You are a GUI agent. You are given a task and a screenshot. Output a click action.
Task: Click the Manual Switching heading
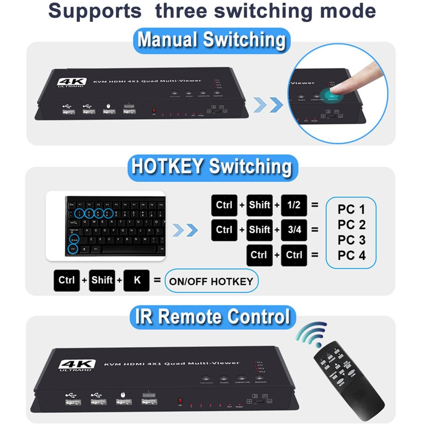(211, 41)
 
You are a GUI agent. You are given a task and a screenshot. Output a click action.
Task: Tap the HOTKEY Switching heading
(212, 167)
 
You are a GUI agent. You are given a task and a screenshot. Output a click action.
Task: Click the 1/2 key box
(294, 205)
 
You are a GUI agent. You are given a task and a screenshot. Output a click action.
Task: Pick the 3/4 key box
(294, 230)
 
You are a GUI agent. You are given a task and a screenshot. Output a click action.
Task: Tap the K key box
(137, 281)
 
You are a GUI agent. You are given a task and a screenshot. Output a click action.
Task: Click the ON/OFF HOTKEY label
(211, 281)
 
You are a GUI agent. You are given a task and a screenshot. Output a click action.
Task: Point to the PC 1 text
(351, 209)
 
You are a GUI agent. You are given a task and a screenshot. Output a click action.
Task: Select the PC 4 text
(351, 255)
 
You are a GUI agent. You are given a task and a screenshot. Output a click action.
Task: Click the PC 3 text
(351, 240)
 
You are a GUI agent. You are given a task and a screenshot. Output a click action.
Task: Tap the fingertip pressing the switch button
(342, 88)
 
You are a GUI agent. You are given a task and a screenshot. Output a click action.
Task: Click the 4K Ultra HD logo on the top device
(72, 82)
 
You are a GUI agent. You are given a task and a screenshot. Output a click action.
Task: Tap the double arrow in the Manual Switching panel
(268, 105)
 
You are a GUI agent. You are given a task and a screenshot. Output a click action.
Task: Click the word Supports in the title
(95, 11)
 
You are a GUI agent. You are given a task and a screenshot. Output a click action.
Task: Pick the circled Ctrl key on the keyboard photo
(73, 248)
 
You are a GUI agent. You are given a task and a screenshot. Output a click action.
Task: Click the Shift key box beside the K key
(102, 281)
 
